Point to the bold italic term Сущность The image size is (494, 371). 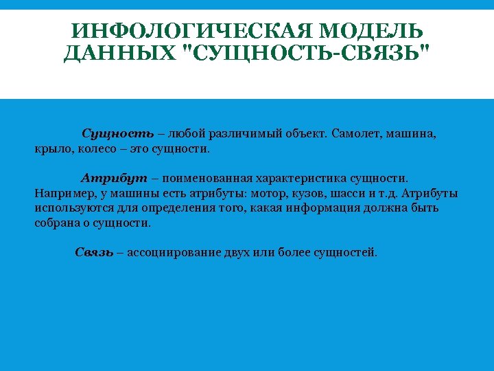coord(113,133)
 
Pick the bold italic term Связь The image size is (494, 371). coord(94,252)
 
